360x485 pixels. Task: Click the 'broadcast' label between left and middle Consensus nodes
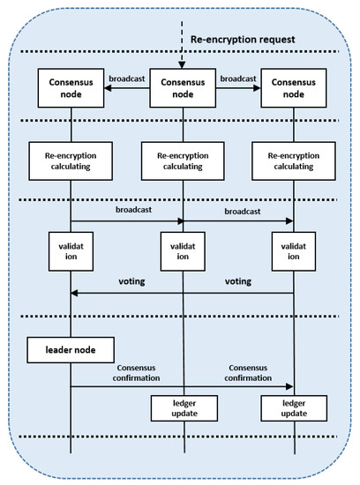pyautogui.click(x=125, y=78)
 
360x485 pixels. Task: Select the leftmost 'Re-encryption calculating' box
pyautogui.click(x=70, y=162)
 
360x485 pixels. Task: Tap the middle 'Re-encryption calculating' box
pyautogui.click(x=181, y=162)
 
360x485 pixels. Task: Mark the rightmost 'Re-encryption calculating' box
pyautogui.click(x=293, y=162)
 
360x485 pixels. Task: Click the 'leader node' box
pyautogui.click(x=70, y=349)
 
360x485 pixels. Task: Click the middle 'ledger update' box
pyautogui.click(x=181, y=408)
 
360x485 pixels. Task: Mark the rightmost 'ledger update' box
pyautogui.click(x=293, y=408)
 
